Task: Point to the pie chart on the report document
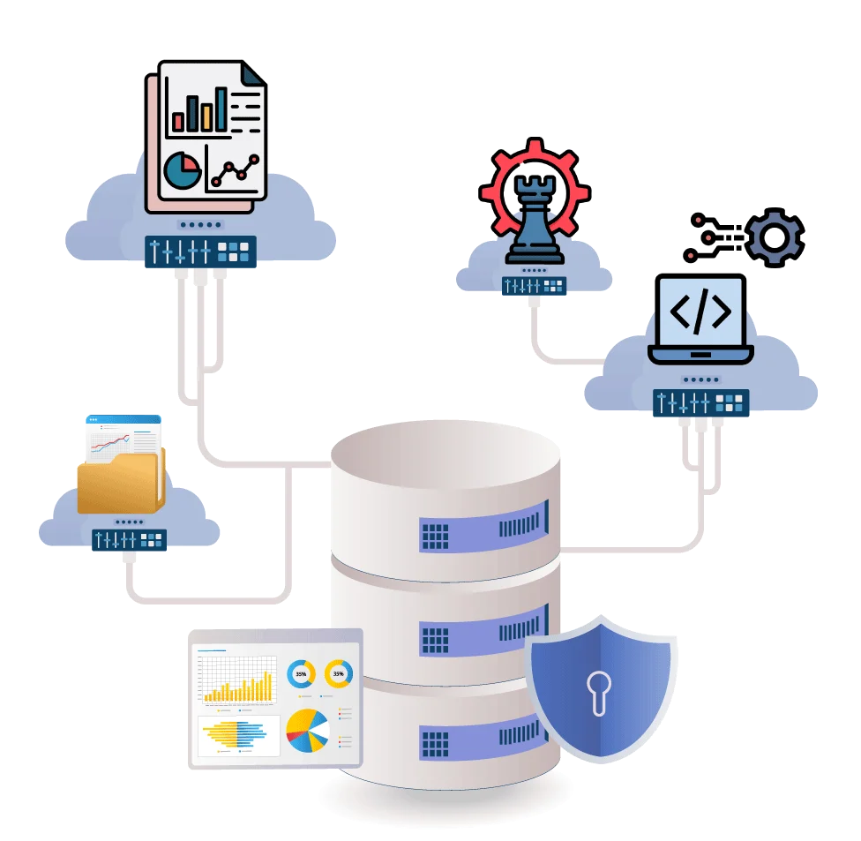pos(183,170)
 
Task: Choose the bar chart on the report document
pos(200,109)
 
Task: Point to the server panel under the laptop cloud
pos(700,403)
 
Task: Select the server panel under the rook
pos(534,286)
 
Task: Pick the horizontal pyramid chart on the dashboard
pos(236,734)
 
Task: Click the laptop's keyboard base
pos(700,356)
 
